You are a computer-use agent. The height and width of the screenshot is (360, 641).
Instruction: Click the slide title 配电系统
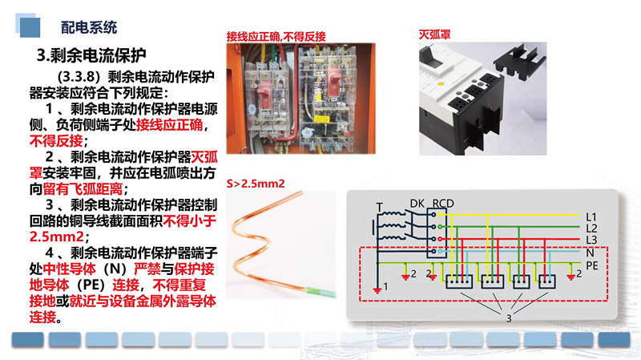pyautogui.click(x=89, y=27)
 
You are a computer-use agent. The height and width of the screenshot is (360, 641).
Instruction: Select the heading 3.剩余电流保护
pyautogui.click(x=91, y=55)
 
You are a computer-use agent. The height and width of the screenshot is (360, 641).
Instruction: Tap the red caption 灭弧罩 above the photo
pyautogui.click(x=434, y=34)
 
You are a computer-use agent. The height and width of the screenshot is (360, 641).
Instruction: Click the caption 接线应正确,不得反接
pyautogui.click(x=276, y=37)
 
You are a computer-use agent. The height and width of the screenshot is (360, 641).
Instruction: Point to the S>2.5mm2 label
pyautogui.click(x=256, y=184)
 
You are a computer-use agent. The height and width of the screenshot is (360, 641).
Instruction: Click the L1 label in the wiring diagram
pyautogui.click(x=591, y=216)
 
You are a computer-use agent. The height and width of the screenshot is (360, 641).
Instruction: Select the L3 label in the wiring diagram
pyautogui.click(x=591, y=240)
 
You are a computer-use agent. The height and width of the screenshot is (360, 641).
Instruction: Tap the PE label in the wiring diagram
pyautogui.click(x=592, y=265)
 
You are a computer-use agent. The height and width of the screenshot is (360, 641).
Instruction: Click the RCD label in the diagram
pyautogui.click(x=443, y=204)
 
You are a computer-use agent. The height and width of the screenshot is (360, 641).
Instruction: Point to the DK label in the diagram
pyautogui.click(x=417, y=204)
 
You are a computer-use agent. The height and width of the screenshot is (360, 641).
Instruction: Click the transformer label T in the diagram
pyautogui.click(x=379, y=208)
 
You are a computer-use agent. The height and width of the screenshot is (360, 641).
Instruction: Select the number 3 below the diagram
pyautogui.click(x=509, y=318)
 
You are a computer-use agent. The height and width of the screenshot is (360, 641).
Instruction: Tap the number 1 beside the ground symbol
pyautogui.click(x=385, y=286)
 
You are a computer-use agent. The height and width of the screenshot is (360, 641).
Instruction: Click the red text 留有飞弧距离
pyautogui.click(x=83, y=189)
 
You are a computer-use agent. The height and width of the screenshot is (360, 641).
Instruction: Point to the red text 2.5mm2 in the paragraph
pyautogui.click(x=56, y=237)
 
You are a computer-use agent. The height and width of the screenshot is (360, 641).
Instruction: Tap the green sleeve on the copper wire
pyautogui.click(x=321, y=292)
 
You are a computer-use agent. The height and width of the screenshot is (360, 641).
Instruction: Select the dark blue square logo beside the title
pyautogui.click(x=30, y=27)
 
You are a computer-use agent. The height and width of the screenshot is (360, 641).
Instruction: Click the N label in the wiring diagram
pyautogui.click(x=590, y=253)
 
